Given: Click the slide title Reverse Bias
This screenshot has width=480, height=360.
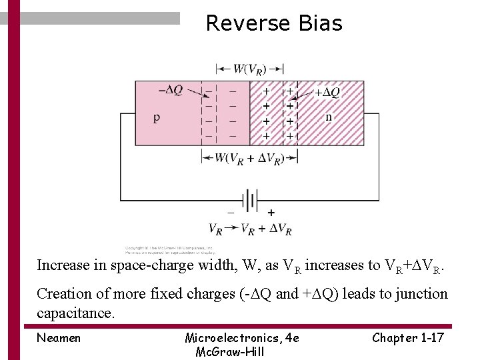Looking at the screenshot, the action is [x=273, y=23].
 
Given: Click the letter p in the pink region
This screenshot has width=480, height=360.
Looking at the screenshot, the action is [x=157, y=118].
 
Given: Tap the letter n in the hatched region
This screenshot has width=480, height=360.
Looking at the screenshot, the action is [x=329, y=117].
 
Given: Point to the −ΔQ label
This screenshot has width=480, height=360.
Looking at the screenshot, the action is [x=171, y=90].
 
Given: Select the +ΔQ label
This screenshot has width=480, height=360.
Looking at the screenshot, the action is [x=327, y=92].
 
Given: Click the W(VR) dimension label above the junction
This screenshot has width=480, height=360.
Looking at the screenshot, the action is [x=249, y=69].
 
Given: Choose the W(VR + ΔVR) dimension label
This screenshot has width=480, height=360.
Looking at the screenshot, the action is [x=249, y=158].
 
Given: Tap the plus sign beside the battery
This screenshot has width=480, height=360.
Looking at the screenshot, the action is [x=271, y=213].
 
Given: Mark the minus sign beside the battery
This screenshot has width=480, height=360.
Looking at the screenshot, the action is [x=231, y=213].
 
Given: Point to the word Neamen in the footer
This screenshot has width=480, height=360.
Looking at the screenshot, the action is [x=59, y=338].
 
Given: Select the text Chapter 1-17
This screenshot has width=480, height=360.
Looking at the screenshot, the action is [x=407, y=338].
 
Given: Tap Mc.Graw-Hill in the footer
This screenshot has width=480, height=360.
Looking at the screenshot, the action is [x=229, y=351].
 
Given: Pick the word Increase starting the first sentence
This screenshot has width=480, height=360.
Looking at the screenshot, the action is [x=63, y=265].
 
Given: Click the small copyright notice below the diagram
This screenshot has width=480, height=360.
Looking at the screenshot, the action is [x=169, y=251].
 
